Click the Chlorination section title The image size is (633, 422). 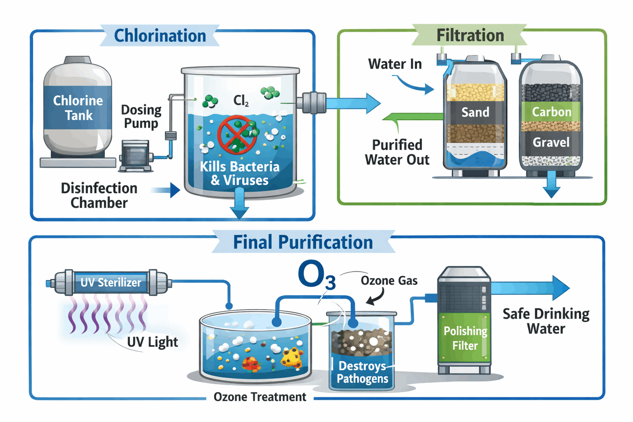160,36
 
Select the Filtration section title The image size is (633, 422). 470,35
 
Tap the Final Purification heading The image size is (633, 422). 303,242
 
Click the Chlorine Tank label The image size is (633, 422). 78,108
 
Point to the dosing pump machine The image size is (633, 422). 135,155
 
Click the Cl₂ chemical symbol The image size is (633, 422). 241,100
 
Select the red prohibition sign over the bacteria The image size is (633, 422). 238,135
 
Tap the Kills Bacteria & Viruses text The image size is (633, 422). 239,173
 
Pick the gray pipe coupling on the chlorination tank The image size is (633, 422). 313,103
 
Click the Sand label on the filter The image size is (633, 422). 475,112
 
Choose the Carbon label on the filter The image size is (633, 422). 551,112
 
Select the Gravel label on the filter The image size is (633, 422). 551,143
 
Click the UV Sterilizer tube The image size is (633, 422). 110,282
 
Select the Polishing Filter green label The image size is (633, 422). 465,338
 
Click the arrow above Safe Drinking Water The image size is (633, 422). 531,287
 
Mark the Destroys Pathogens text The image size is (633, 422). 362,372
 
